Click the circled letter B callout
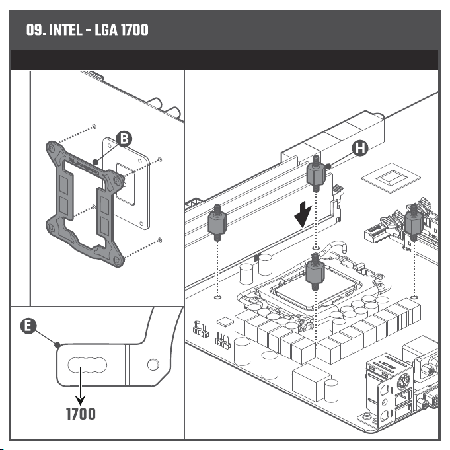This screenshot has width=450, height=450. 124,139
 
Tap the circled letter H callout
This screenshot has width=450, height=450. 360,149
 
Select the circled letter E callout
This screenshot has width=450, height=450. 28,326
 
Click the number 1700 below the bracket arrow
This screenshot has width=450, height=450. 81,414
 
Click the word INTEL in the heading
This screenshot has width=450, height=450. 65,30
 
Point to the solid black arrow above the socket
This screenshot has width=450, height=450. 303,214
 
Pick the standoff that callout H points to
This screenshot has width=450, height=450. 316,174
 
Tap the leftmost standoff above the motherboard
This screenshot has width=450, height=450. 217,223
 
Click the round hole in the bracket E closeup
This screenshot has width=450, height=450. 153,365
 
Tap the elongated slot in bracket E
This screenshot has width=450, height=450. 87,365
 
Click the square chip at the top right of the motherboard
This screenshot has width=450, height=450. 391,178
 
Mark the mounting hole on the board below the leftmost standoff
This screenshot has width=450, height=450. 217,297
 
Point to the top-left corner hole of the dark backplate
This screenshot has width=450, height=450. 52,148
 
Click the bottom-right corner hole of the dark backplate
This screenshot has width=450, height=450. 117,260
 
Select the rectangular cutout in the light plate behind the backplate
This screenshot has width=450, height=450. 126,184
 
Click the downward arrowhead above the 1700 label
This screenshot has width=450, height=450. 81,400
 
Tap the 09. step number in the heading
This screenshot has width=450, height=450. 36,30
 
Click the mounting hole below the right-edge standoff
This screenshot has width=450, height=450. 414,297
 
